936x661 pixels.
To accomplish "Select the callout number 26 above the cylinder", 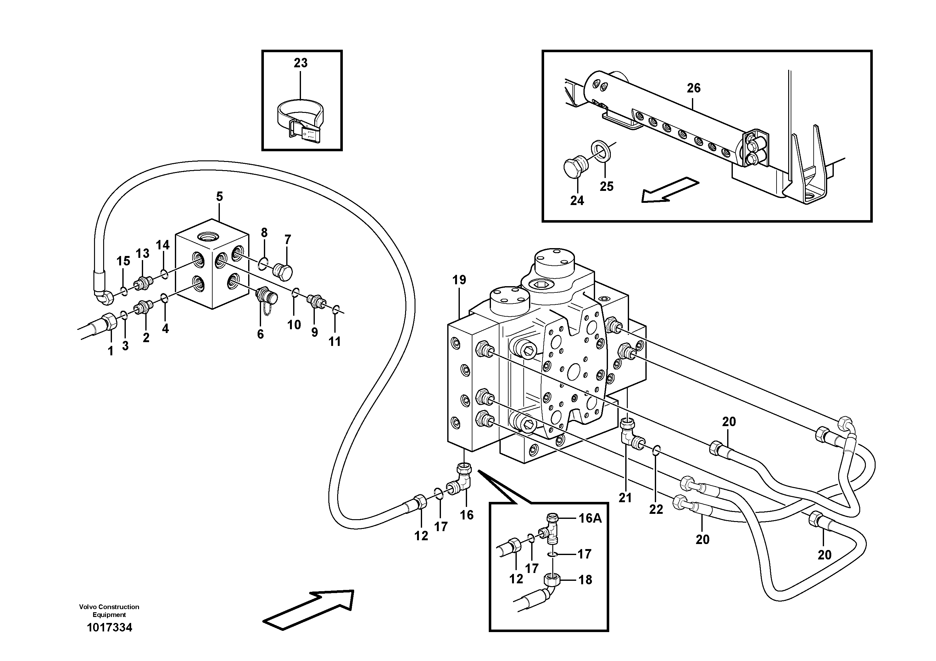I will point(694,88).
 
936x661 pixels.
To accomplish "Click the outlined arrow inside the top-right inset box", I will point(669,190).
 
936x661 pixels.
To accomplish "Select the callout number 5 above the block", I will point(219,197).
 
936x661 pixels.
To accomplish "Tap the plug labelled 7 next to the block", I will point(282,272).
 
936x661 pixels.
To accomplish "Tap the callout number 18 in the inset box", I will point(585,580).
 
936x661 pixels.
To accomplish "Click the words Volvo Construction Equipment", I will point(109,610).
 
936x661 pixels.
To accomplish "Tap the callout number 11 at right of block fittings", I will point(334,341).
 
